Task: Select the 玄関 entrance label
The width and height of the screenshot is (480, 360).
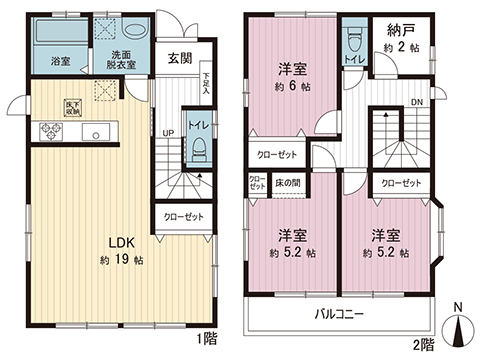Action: click(x=180, y=58)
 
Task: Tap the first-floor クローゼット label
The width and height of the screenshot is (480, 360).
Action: click(x=182, y=217)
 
